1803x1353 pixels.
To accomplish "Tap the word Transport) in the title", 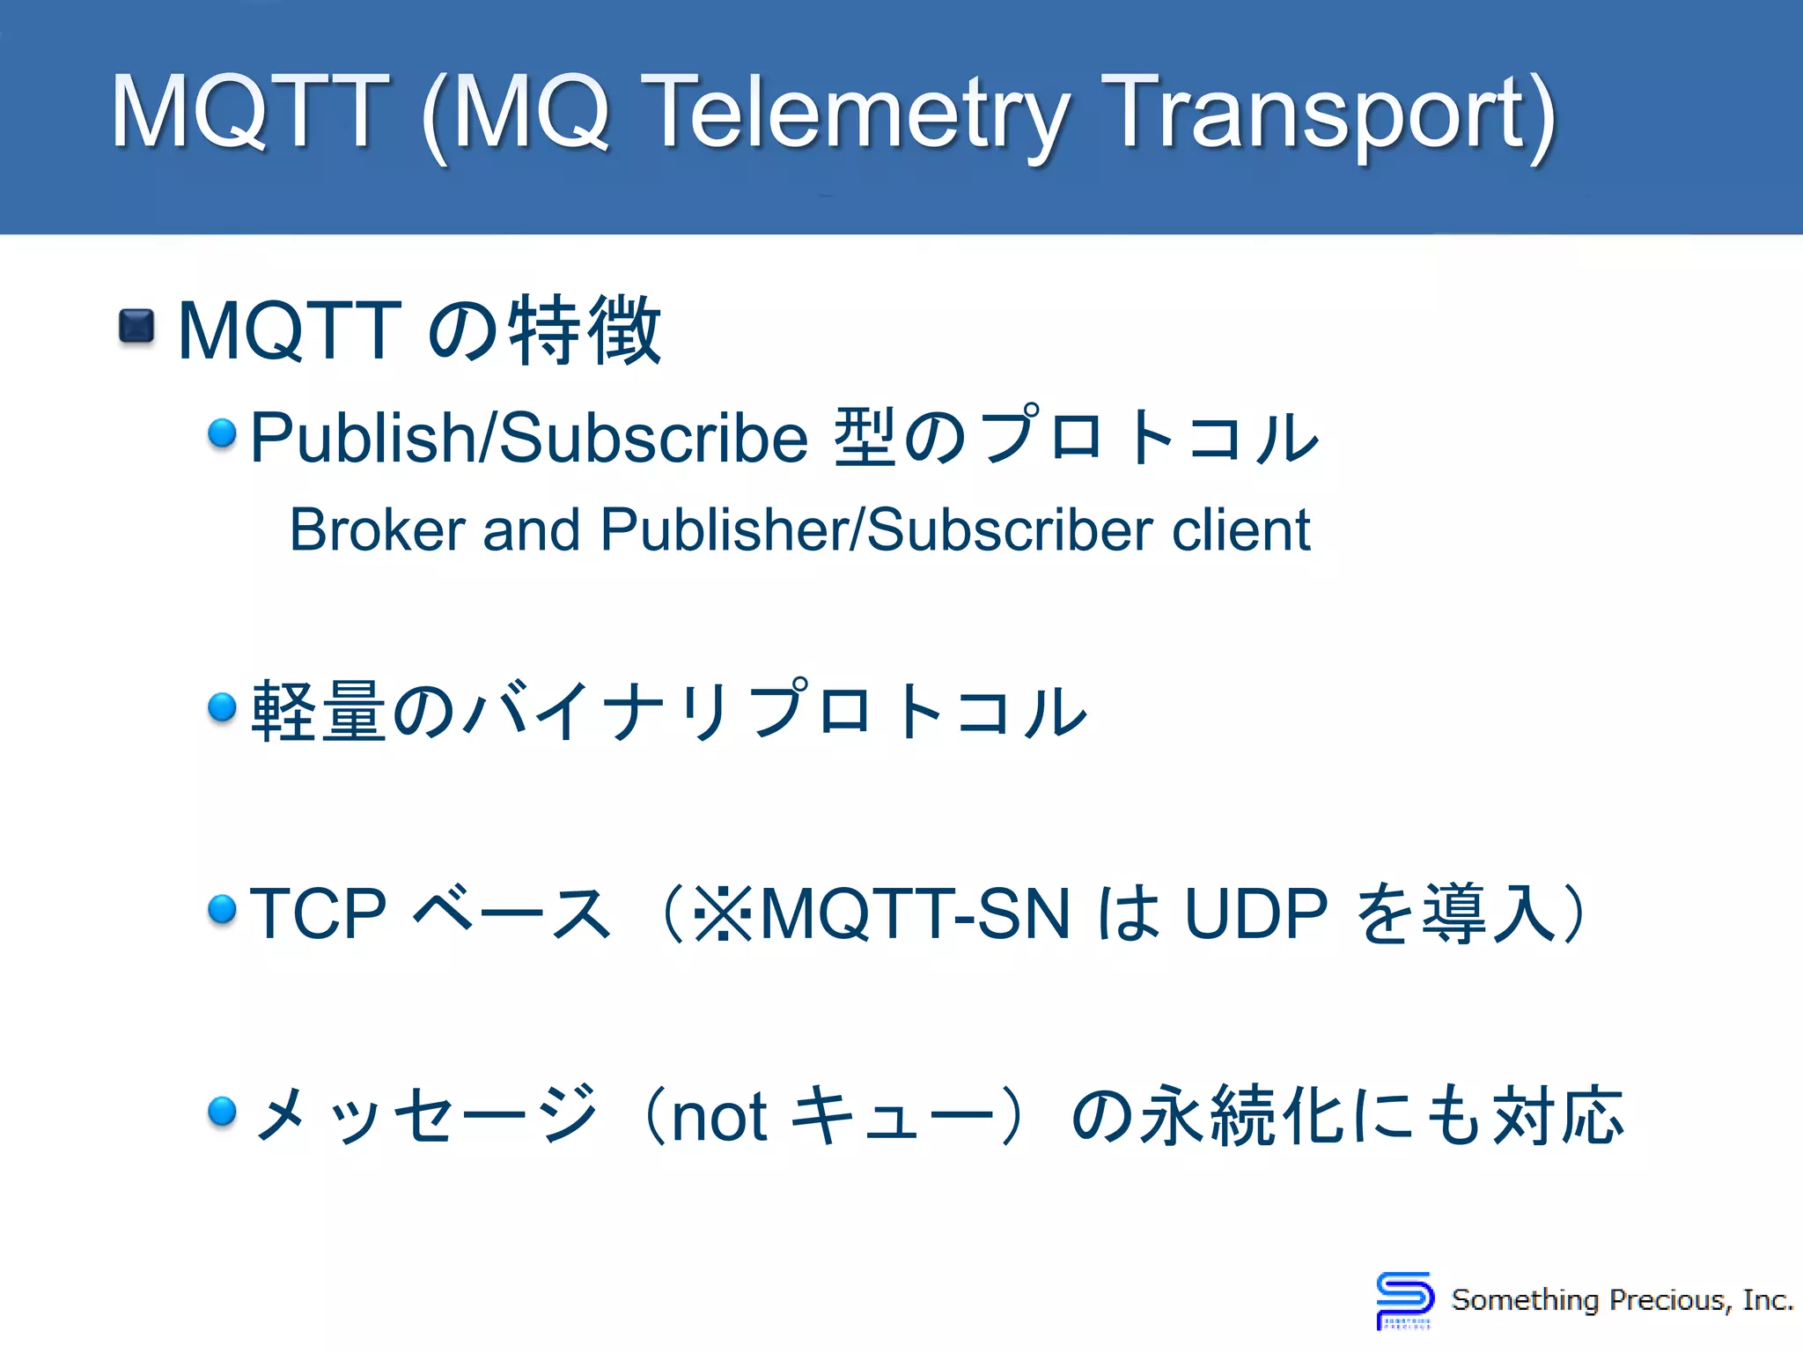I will pos(1328,115).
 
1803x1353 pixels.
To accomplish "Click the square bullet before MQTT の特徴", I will pos(136,327).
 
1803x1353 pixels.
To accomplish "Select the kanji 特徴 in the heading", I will pos(585,330).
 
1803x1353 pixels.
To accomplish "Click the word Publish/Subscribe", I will pos(529,437).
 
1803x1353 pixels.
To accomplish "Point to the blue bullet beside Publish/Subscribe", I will pos(223,433).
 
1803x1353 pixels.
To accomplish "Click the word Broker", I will pos(377,530).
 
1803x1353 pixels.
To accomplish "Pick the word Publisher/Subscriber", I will pos(876,530).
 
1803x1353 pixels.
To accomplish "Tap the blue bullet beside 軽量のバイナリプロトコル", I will pos(223,706).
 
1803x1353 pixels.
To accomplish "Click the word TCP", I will pos(318,913).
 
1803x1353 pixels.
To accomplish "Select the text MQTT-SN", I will pos(916,913).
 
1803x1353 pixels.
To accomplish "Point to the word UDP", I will pos(1255,913).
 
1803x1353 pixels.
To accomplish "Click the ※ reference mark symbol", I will pos(723,913).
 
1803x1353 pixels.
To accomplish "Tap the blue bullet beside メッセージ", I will pos(223,1111).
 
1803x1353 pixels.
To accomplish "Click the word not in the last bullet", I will pos(719,1117).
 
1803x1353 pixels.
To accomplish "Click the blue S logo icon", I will pos(1404,1298).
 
